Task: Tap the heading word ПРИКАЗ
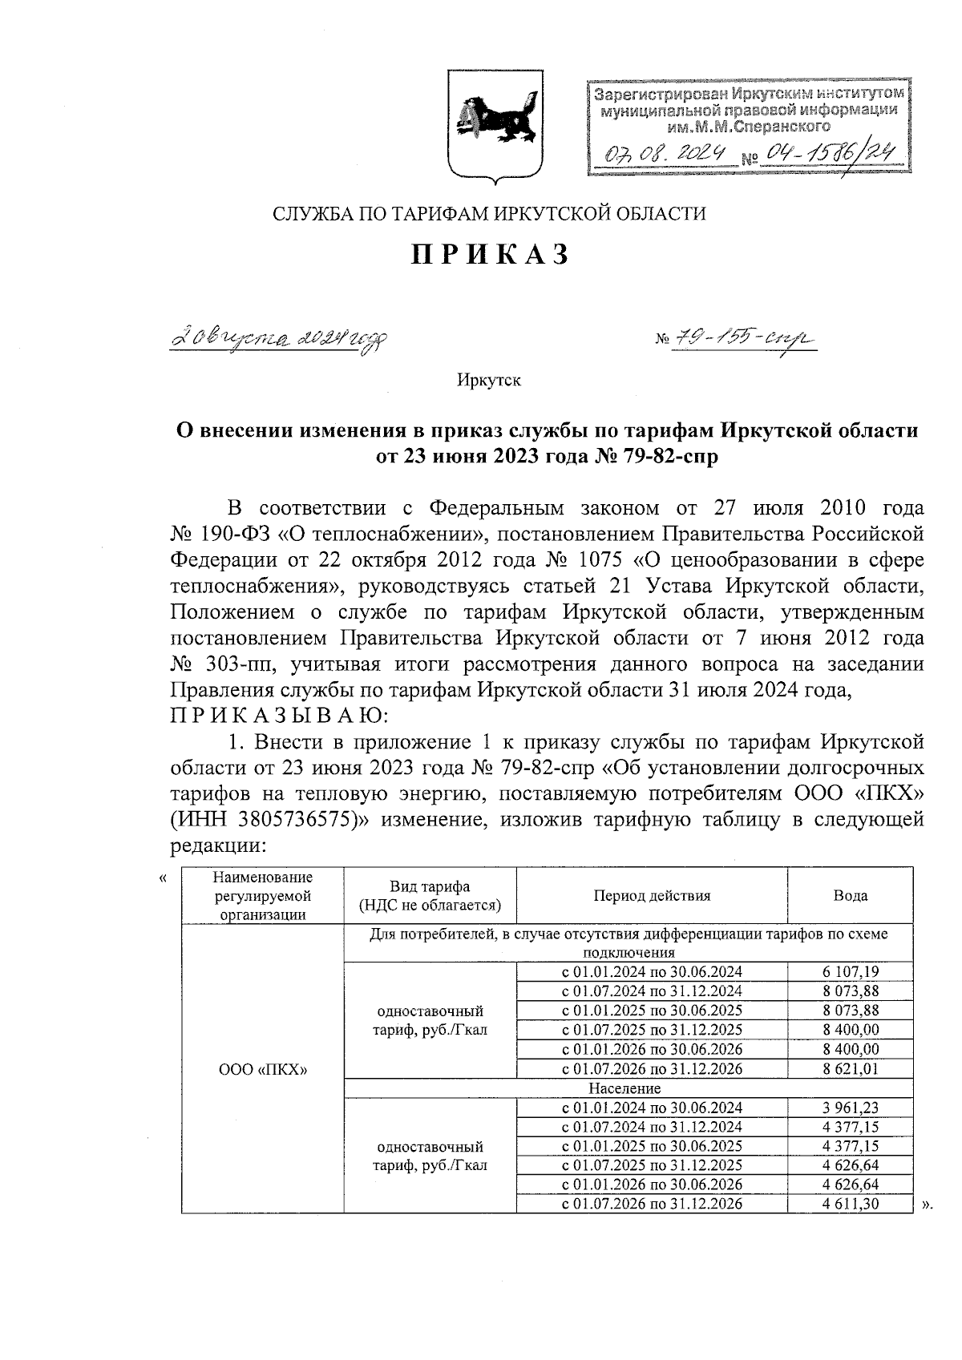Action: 491,254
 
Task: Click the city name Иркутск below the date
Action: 489,380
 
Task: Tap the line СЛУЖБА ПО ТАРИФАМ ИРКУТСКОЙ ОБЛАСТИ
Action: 490,214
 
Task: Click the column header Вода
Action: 850,896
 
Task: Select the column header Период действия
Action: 652,896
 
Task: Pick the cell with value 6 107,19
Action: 851,972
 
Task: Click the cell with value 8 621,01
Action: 851,1068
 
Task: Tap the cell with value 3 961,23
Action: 851,1108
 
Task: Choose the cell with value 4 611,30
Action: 851,1204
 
